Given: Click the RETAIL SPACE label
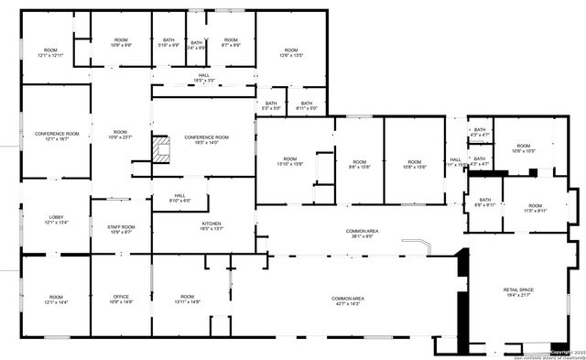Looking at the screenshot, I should tap(518, 292).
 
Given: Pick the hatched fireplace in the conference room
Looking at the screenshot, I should tap(162, 149).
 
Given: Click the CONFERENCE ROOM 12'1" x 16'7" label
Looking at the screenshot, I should tap(57, 136).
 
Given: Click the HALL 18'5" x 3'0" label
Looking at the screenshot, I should tap(203, 78).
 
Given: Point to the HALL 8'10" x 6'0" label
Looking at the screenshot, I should tap(180, 198).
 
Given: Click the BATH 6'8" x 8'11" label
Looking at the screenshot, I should tap(484, 202).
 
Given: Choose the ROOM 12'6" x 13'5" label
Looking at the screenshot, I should tap(291, 52).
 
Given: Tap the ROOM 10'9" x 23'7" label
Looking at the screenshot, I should tap(121, 135).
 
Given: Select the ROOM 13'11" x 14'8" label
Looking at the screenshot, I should tap(188, 300).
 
